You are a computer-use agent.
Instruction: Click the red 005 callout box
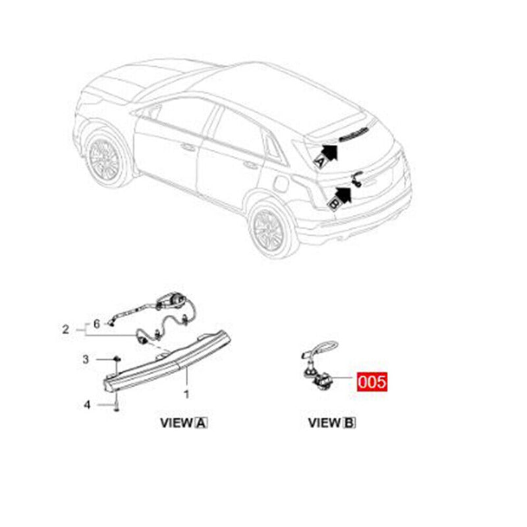pos(371,381)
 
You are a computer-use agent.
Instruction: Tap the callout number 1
pos(186,395)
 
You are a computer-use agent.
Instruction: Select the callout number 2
pos(65,329)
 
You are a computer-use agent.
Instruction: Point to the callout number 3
pos(85,359)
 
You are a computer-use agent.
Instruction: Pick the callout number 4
pos(86,404)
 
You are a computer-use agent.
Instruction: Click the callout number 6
pos(96,323)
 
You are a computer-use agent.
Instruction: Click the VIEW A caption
pos(184,422)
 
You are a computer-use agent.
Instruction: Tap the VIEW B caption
pos(332,422)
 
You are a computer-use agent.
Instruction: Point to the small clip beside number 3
pos(116,359)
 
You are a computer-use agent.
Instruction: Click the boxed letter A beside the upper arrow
pos(321,160)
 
